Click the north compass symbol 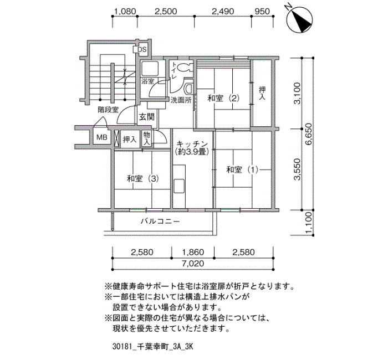[299, 19]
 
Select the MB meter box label [102, 137]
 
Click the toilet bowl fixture [184, 67]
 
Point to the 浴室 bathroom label [148, 81]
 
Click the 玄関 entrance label [146, 117]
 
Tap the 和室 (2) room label [223, 99]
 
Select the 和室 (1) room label [242, 170]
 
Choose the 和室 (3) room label [143, 178]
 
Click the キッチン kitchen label [192, 143]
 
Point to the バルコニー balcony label [160, 221]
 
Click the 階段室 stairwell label [108, 110]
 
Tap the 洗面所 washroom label [181, 100]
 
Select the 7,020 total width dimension [193, 264]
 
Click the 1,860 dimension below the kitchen [193, 252]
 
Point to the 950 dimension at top [262, 12]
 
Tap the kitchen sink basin [179, 186]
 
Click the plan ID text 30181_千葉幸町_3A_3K [152, 347]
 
